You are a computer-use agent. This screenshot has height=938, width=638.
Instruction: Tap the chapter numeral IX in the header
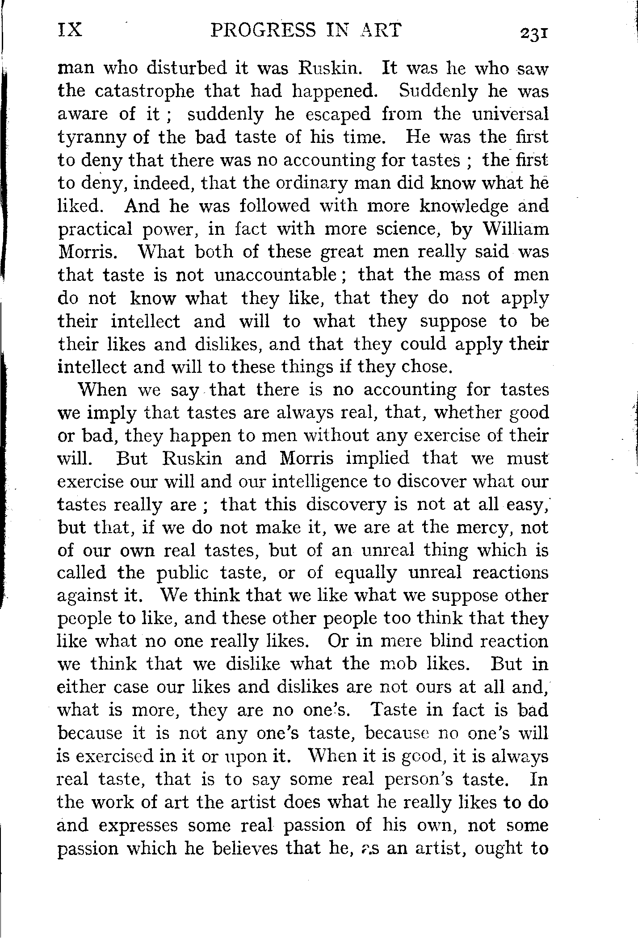(70, 30)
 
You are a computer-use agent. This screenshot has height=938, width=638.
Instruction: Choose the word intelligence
(330, 482)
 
